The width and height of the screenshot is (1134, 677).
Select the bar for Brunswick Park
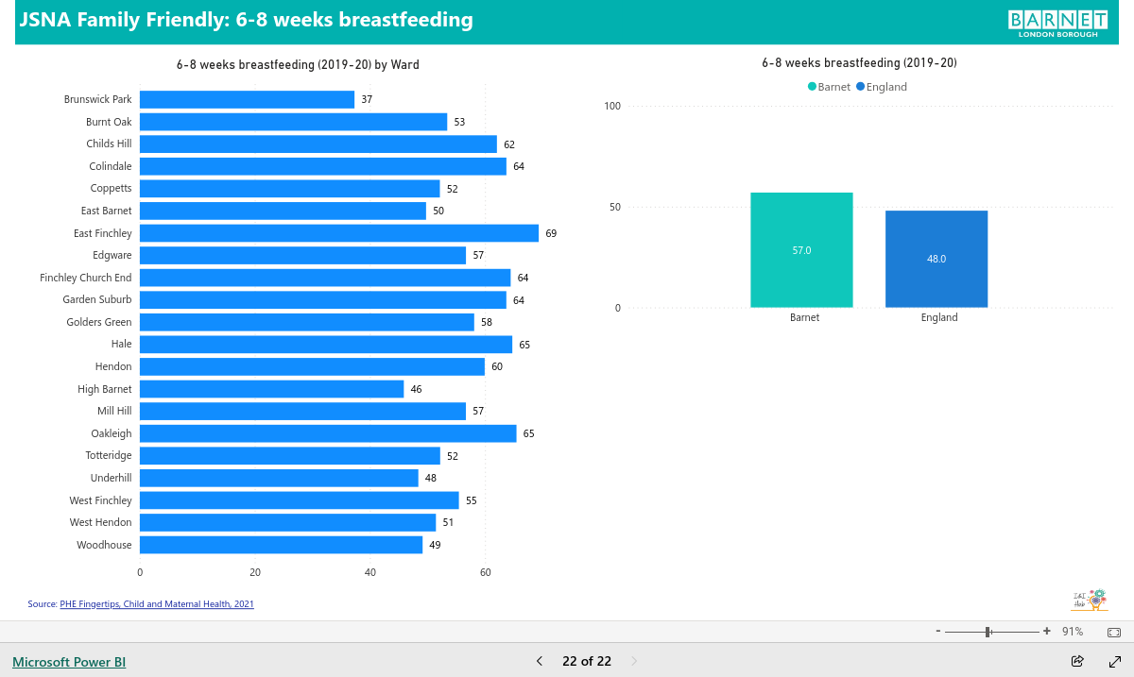247,100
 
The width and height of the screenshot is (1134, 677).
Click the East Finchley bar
339,233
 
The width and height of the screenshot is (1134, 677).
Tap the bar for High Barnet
272,389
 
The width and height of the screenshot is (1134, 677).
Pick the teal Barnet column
801,250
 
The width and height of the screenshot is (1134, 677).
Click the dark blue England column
936,259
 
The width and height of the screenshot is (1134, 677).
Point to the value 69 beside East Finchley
551,233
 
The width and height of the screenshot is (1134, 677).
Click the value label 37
367,100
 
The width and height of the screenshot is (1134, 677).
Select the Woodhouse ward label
104,545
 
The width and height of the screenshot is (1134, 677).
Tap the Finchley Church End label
86,278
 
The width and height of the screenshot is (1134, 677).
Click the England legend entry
882,87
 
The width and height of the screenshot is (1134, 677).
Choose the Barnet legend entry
829,87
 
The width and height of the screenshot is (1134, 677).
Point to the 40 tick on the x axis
370,572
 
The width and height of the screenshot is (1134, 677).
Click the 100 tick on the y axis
612,106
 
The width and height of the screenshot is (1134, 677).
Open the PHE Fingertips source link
157,603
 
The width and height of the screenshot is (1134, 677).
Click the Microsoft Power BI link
69,662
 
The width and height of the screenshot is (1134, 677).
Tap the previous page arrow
540,661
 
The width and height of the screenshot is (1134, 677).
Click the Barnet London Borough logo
1057,24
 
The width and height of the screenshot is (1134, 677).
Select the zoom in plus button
1046,631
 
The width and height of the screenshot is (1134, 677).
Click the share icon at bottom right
1077,661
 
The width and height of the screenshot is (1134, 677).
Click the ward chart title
298,65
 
